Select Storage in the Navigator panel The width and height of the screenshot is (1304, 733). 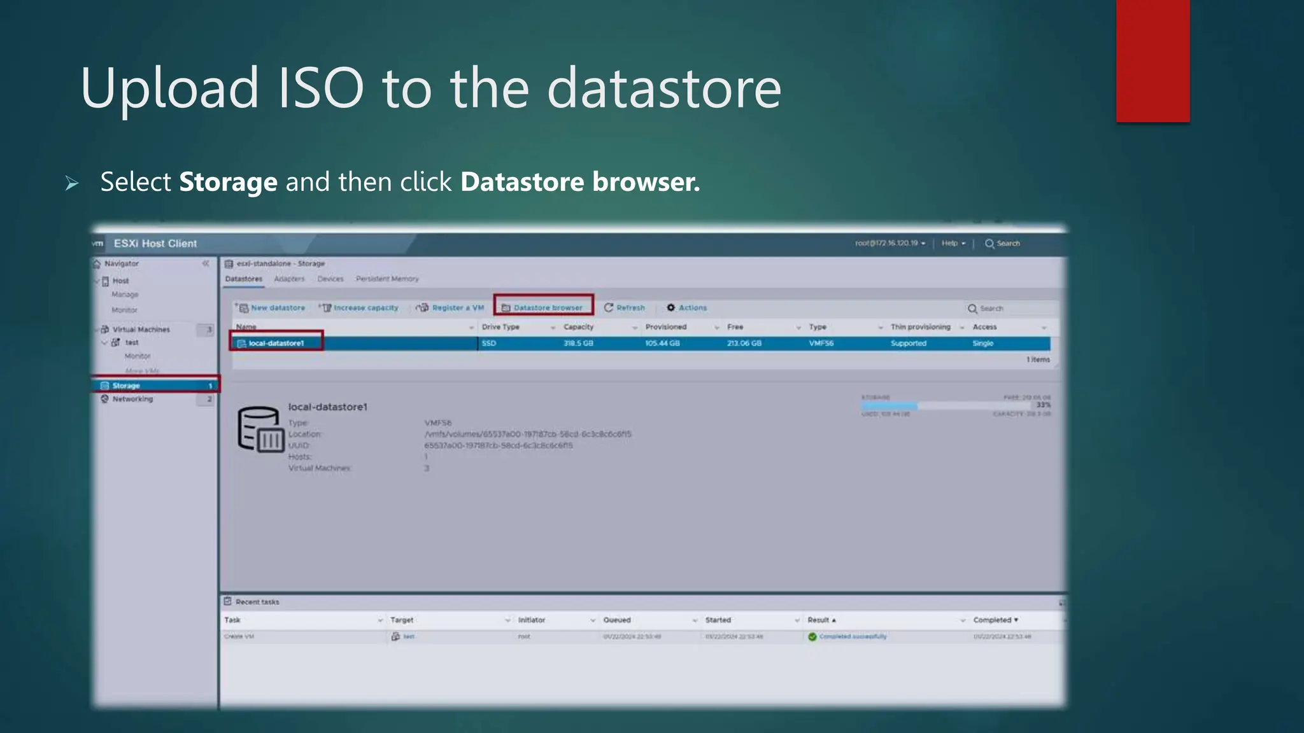click(x=126, y=386)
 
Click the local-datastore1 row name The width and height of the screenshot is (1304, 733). click(x=276, y=343)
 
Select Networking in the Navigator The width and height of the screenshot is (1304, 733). click(x=132, y=399)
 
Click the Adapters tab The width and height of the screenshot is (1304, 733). click(x=289, y=279)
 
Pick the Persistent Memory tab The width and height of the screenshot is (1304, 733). click(x=387, y=279)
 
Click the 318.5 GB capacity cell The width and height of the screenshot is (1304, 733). click(x=578, y=343)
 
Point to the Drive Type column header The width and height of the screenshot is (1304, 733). click(x=500, y=327)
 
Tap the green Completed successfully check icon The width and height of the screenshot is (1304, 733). click(x=812, y=636)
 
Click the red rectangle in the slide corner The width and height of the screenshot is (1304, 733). click(x=1152, y=60)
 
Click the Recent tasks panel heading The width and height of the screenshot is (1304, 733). click(x=257, y=602)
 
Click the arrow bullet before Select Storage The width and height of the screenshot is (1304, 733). click(x=72, y=184)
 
